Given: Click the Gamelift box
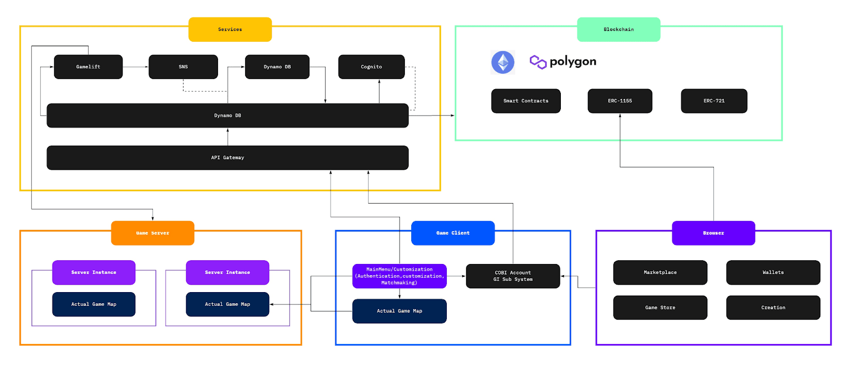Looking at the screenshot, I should point(88,67).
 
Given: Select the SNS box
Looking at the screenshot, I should point(183,67).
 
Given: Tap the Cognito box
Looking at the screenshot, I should point(371,67).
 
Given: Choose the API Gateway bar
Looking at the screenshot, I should point(227,157).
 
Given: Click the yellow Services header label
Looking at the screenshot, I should point(230,30).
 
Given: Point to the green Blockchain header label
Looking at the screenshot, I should point(618,30).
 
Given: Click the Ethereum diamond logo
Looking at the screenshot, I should point(503,62).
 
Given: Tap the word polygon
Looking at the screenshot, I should point(573,61).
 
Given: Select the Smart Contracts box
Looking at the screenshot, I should point(526,101).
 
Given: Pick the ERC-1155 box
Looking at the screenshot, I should point(620,101).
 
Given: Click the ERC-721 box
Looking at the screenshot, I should point(714,101).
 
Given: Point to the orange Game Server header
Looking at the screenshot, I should point(152,233).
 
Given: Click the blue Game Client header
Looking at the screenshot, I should point(453,233).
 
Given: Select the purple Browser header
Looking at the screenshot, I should point(713,233).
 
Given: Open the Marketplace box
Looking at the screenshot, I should point(660,272).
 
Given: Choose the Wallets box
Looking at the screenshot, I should point(773,272).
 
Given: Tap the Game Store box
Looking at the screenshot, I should point(660,307).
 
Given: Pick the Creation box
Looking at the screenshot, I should point(773,307).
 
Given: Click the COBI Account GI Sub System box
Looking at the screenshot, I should point(513,276).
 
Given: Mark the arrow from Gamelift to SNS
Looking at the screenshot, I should point(136,67).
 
